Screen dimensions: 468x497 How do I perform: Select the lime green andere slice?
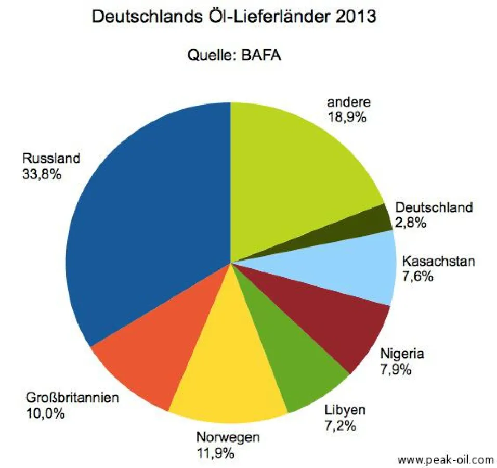point(296,166)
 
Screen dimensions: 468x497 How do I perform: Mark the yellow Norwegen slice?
point(229,374)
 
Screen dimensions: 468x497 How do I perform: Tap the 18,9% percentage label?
point(347,117)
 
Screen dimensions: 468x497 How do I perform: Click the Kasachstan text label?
point(439,261)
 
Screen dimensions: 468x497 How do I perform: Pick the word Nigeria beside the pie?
point(402,355)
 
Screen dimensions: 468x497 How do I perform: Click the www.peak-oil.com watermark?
point(445,459)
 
